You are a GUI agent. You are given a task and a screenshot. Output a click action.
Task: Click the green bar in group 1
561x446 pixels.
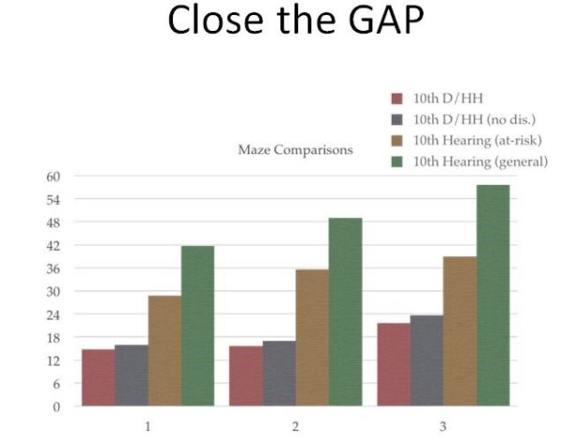[x=198, y=325]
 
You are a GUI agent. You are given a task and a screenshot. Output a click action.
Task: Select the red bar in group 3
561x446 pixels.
[x=394, y=365]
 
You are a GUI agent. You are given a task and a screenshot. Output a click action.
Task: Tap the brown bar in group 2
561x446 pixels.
[x=312, y=338]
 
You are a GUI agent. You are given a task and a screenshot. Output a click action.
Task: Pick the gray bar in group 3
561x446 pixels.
[x=427, y=361]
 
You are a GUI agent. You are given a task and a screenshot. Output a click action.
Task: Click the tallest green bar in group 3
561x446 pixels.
[x=493, y=295]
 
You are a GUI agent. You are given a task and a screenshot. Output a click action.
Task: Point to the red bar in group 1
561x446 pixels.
[x=98, y=378]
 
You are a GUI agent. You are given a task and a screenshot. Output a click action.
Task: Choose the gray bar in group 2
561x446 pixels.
[x=280, y=373]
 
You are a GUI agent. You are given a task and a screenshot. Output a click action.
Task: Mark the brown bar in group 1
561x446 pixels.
[x=165, y=351]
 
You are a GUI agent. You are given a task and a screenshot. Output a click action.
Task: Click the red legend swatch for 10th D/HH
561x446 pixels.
[x=396, y=98]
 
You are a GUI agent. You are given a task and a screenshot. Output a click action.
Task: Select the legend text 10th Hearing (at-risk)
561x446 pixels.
[x=477, y=140]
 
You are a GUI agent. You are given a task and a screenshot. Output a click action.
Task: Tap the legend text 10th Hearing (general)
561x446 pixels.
[x=481, y=162]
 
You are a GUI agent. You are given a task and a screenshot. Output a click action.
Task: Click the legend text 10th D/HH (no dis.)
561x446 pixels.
[x=474, y=120]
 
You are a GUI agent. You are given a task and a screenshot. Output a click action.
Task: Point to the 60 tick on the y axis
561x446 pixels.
[x=53, y=177]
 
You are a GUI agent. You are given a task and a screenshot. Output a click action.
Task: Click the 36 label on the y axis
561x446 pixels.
[x=53, y=268]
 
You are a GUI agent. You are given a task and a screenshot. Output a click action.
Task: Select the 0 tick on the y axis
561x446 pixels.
[x=56, y=407]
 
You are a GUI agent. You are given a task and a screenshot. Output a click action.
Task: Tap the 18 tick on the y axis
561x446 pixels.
[x=53, y=338]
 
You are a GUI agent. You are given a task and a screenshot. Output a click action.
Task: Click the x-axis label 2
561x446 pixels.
[x=295, y=426]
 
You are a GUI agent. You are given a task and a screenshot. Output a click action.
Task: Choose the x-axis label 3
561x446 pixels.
[x=443, y=426]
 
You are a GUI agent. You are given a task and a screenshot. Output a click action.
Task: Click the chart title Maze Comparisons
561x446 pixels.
[x=295, y=150]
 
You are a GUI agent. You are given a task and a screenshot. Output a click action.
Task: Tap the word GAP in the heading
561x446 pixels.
[x=386, y=20]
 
